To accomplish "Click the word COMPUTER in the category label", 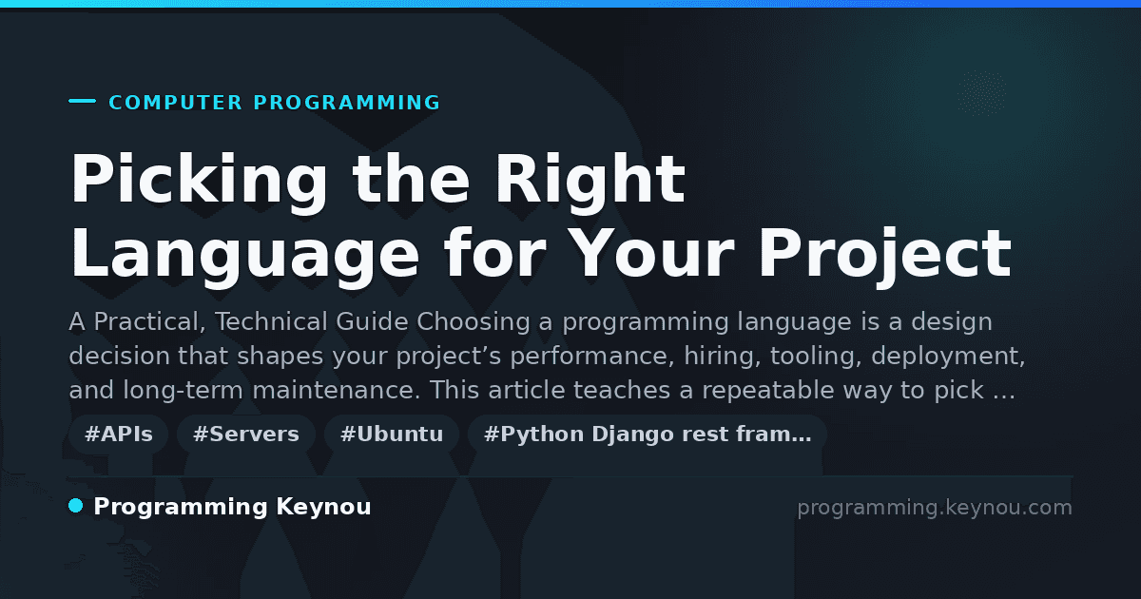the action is [x=175, y=103].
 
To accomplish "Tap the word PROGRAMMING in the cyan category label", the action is [x=347, y=103].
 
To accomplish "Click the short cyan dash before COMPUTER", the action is [x=82, y=101].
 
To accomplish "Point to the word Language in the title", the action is [x=244, y=256].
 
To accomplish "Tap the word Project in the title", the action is [x=885, y=256].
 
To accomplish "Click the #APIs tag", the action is [x=119, y=434].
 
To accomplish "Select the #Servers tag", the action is [x=246, y=434].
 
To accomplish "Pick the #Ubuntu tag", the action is [x=392, y=434].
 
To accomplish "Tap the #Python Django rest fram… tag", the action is [x=648, y=434].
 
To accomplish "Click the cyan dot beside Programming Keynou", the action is [x=76, y=506].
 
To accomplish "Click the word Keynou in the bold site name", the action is [x=323, y=508].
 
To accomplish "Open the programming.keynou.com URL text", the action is [x=935, y=508].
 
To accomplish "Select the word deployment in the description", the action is [x=948, y=356].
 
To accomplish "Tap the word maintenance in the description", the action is [x=337, y=391].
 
